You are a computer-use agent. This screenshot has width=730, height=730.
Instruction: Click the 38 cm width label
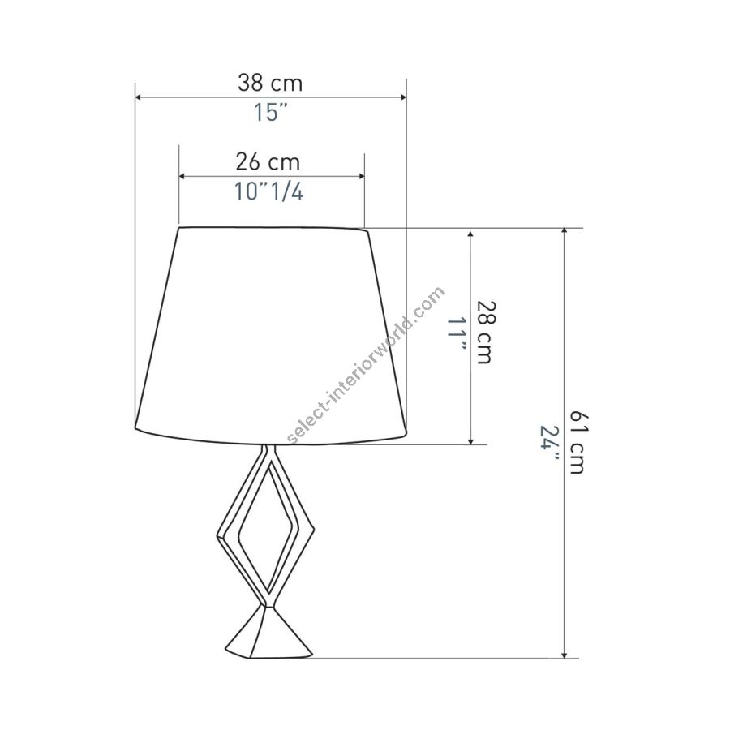270,84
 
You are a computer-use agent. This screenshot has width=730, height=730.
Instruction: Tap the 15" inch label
270,112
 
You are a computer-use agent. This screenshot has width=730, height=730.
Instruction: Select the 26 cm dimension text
268,162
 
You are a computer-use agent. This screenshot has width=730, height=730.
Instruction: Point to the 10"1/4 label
268,191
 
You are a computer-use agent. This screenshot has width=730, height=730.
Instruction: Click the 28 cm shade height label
486,333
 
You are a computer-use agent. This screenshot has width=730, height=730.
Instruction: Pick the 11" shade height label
457,335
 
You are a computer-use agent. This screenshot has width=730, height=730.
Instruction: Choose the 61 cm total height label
578,442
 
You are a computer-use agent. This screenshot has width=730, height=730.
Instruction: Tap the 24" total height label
548,444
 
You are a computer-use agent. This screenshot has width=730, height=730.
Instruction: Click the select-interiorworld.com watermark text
367,365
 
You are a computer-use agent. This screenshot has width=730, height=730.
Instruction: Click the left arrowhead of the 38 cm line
138,97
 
